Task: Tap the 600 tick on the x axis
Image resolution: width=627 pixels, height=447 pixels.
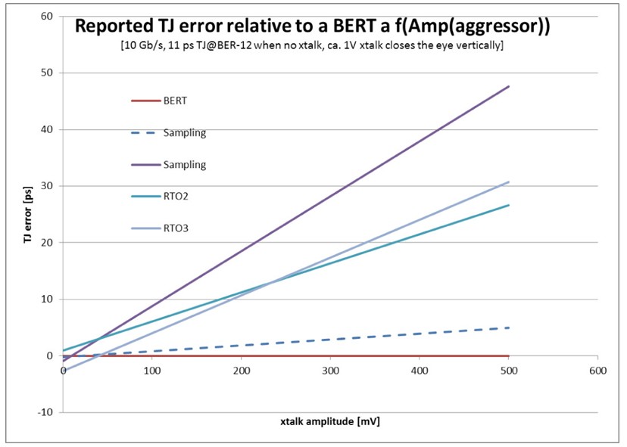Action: click(x=598, y=371)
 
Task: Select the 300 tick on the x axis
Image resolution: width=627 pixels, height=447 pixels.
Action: click(x=331, y=371)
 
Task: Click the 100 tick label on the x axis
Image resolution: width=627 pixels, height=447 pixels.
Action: click(x=153, y=371)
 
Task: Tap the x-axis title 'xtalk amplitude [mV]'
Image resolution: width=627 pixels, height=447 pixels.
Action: click(x=331, y=420)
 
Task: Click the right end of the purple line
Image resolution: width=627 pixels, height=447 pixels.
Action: click(x=509, y=86)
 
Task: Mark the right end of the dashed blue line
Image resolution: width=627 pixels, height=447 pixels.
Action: click(x=509, y=327)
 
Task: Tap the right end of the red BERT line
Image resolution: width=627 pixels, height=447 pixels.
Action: click(x=509, y=355)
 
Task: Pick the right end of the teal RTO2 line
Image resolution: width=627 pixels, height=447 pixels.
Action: click(x=509, y=205)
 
